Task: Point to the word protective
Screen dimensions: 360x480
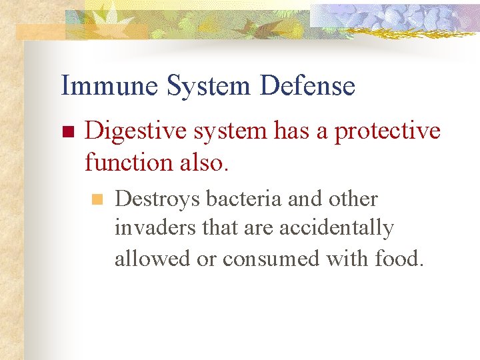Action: click(x=387, y=131)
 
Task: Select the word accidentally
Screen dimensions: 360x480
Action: click(x=337, y=228)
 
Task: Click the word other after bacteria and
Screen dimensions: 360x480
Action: click(x=353, y=199)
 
